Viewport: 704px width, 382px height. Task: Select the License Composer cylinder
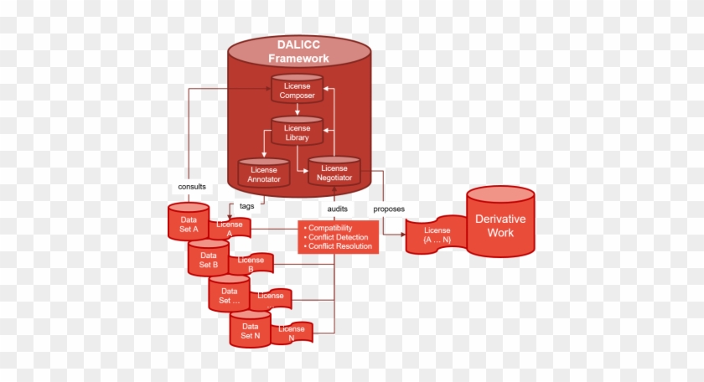[297, 90]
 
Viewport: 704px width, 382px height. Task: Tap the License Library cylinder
[297, 133]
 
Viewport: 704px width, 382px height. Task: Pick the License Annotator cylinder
[263, 173]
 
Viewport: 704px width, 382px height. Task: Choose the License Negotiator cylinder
[334, 173]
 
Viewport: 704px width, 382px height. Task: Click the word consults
[192, 186]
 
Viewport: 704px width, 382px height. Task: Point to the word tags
[247, 205]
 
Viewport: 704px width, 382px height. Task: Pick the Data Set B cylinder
[208, 259]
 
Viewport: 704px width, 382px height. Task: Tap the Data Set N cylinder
[250, 330]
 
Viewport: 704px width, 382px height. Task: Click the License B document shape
[251, 264]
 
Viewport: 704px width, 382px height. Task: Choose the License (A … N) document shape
[437, 235]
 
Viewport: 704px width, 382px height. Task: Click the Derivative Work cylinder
[500, 224]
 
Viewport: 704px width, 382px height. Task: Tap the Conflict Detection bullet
[339, 237]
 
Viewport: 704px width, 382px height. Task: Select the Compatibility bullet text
[330, 228]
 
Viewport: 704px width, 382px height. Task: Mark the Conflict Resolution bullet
[341, 246]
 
